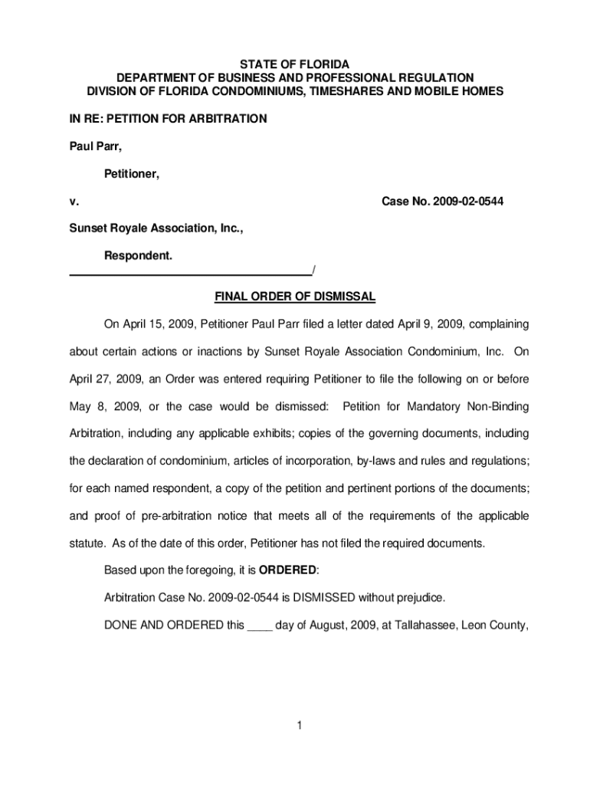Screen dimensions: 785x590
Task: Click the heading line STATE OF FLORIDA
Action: coord(295,64)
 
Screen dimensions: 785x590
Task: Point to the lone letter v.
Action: coord(73,202)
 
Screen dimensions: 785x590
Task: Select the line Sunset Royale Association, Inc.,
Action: coord(157,228)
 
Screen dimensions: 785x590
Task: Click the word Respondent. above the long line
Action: coord(138,255)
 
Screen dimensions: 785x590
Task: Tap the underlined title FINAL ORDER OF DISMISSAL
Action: coord(295,297)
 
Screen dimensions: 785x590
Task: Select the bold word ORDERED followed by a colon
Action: coord(287,570)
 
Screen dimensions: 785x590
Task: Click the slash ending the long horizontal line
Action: coord(314,270)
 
